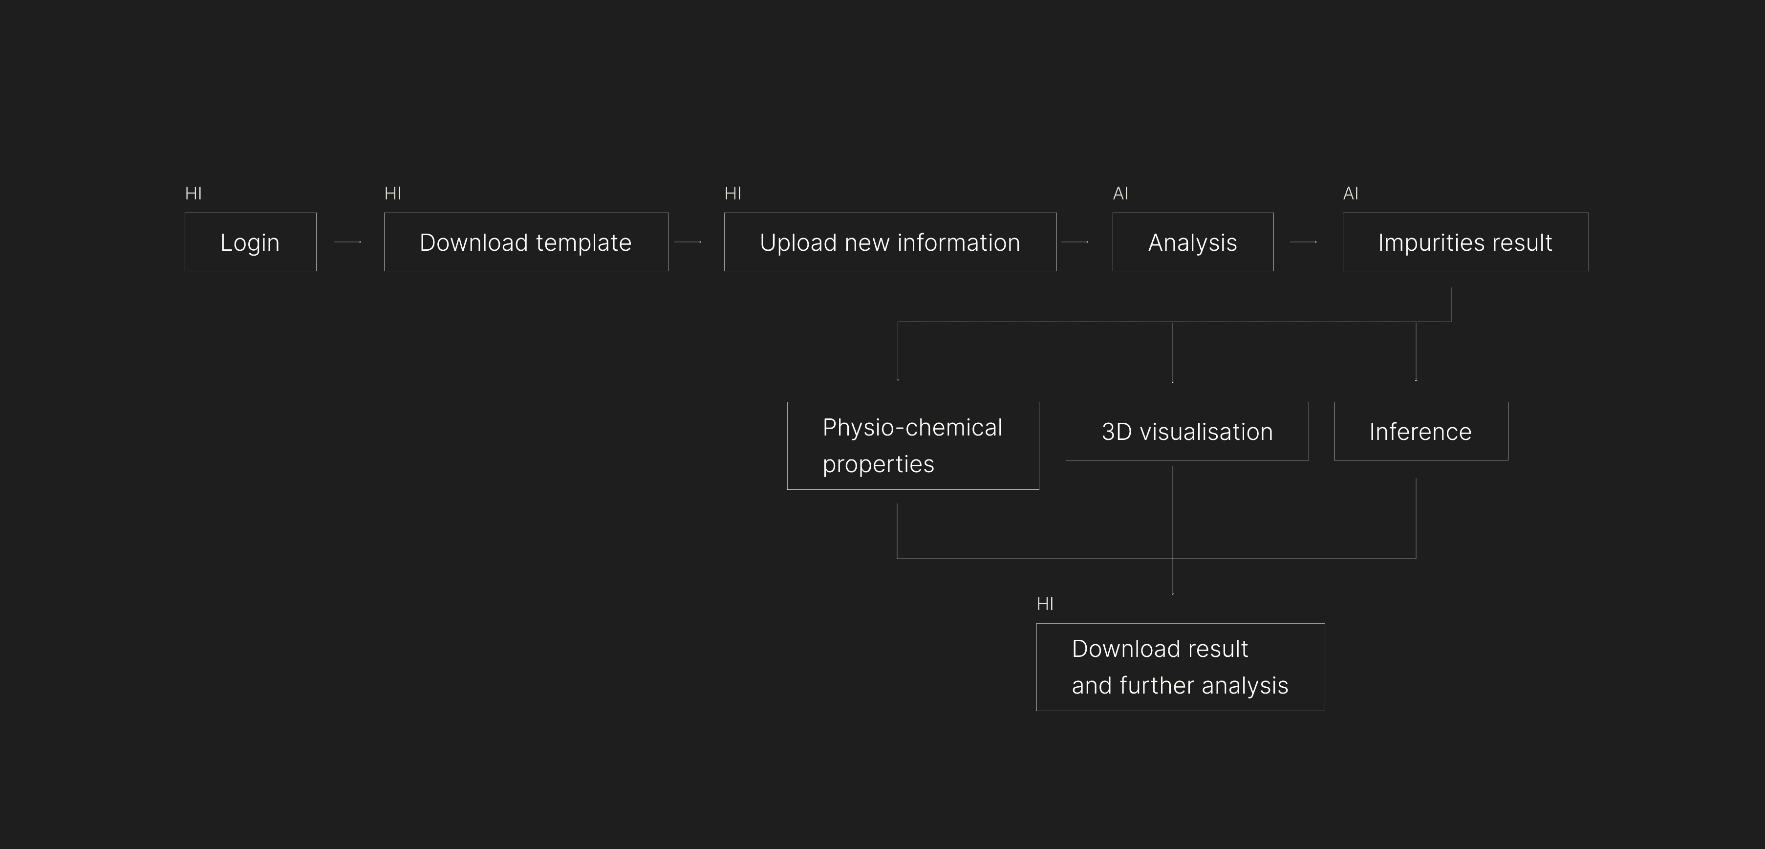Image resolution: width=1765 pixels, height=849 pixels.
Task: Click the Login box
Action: coord(250,242)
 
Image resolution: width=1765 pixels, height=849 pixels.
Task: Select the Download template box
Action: coord(525,242)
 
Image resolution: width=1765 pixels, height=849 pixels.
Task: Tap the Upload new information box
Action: coord(890,242)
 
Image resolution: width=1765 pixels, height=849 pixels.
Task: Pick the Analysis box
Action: coord(1193,242)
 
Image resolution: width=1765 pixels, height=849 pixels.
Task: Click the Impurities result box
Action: coord(1465,242)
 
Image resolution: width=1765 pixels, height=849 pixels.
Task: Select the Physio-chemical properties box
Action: coord(913,445)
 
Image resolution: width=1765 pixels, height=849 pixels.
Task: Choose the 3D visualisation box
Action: coord(1187,431)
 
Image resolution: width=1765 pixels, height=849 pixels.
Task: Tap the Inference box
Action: coord(1421,431)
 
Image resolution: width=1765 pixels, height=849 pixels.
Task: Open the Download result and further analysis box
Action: coord(1180,667)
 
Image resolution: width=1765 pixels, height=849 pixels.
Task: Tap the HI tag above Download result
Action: coord(1045,604)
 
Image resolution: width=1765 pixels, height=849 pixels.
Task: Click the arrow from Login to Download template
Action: coord(347,242)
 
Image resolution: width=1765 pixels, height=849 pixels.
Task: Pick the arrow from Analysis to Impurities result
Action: coord(1303,242)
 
